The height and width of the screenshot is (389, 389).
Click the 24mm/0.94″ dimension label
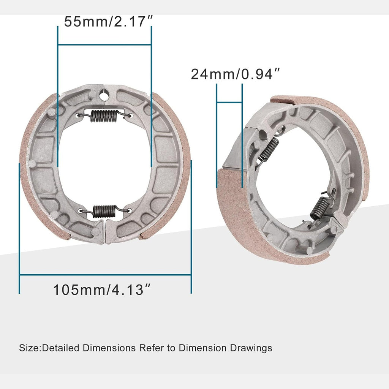238,74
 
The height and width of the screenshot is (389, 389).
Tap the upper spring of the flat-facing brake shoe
104,116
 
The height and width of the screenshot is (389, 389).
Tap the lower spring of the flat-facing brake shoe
104,211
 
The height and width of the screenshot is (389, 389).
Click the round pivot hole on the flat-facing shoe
104,93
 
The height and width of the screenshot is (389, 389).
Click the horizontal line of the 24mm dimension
229,103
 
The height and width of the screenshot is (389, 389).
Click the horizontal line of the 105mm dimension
105,274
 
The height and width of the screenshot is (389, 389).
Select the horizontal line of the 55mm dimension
104,44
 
